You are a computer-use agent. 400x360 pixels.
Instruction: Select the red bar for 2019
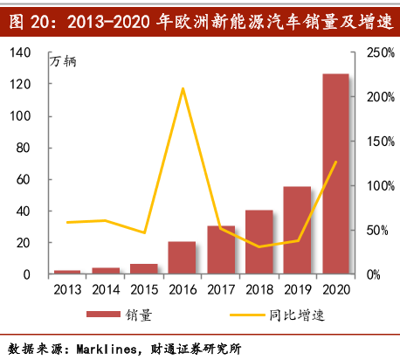click(297, 231)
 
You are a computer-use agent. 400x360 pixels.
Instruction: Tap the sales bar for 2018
click(259, 242)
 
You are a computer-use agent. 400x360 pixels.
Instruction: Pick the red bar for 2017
click(221, 250)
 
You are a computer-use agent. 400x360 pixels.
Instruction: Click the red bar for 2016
click(182, 258)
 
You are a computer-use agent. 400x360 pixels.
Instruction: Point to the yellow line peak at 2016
click(183, 88)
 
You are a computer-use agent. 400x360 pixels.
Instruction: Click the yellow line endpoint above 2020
click(335, 162)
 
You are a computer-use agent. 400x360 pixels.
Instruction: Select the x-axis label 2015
click(144, 289)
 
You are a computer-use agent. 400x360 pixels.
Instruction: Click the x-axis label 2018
click(259, 289)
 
